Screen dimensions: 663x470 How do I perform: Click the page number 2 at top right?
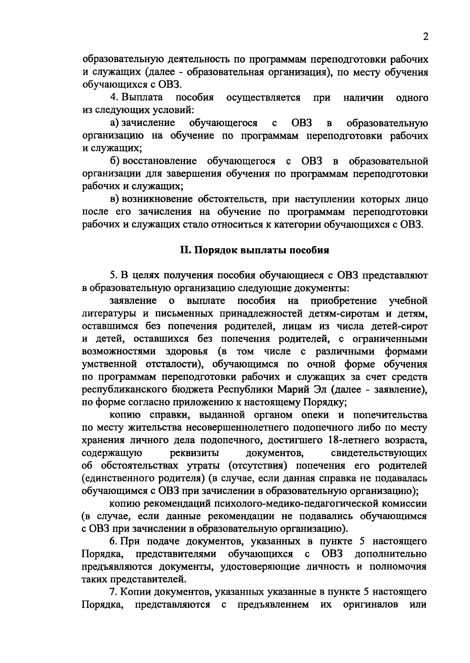click(425, 37)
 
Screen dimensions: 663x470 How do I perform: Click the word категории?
click(298, 225)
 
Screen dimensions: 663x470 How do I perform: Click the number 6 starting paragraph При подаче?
click(113, 542)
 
